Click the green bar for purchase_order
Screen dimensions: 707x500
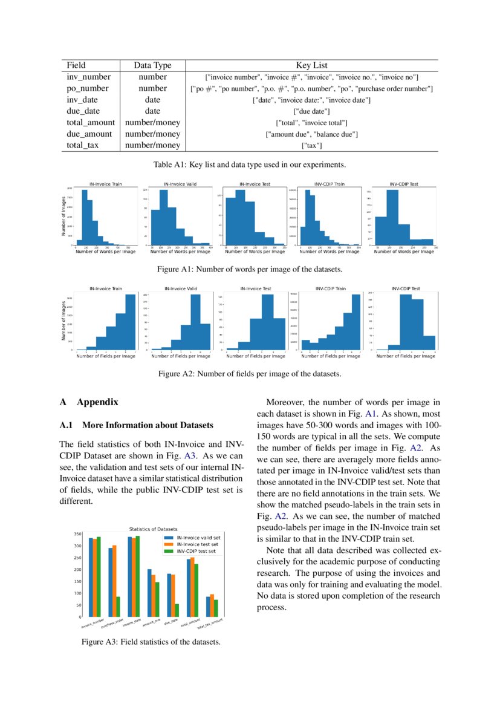pos(117,606)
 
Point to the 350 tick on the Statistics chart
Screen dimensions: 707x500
pos(77,534)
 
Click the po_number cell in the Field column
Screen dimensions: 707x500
pos(84,88)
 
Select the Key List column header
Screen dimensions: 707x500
pos(311,65)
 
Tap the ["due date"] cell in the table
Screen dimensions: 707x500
pos(311,111)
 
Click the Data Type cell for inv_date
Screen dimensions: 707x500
pos(152,100)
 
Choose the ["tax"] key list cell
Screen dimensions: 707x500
pos(311,145)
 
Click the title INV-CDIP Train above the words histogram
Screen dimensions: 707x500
pos(330,184)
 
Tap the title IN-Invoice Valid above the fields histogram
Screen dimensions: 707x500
pos(180,288)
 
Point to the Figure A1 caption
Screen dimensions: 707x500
pos(250,269)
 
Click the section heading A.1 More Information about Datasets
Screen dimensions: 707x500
pos(136,425)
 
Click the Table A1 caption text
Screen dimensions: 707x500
pos(250,164)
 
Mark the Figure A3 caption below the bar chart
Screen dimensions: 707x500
pos(151,642)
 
